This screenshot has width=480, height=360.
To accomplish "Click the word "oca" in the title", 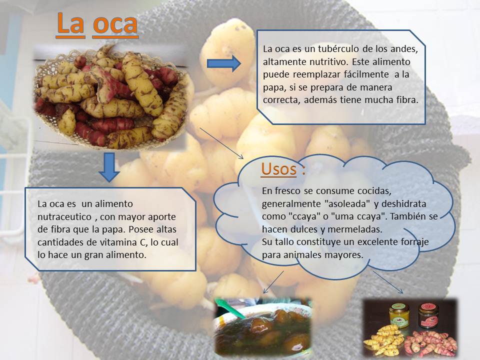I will click(115, 24).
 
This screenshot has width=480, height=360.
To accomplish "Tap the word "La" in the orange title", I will click(70, 24).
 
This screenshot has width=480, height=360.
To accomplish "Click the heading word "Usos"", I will click(278, 169).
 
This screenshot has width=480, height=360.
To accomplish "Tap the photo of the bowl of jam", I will click(263, 327).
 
